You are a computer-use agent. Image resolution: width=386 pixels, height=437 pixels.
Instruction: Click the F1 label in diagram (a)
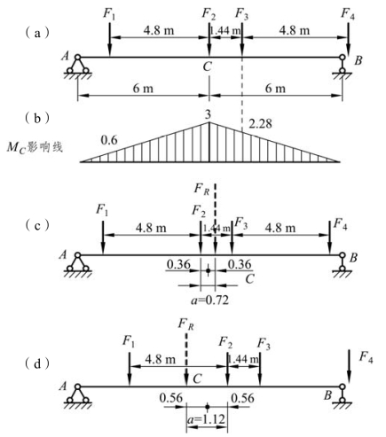click(109, 14)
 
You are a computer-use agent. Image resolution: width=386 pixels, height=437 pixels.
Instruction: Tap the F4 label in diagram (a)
click(348, 14)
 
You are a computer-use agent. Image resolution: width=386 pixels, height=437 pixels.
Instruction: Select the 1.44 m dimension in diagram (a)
click(225, 30)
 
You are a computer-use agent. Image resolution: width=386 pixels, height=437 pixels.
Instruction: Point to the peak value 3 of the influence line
click(209, 115)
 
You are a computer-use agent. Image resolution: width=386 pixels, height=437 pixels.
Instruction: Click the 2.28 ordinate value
click(260, 124)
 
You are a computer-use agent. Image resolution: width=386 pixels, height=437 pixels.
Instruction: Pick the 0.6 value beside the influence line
click(109, 140)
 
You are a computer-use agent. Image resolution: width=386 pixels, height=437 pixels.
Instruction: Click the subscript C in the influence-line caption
click(22, 149)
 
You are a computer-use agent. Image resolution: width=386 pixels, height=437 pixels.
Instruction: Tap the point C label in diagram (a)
click(207, 66)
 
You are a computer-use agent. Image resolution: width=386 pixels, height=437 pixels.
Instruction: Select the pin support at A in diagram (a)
click(77, 66)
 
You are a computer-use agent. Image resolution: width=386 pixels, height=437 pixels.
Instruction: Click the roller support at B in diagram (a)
click(343, 66)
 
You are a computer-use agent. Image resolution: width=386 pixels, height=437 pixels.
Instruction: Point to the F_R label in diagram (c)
click(201, 189)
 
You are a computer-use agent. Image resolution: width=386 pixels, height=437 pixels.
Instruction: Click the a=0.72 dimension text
click(209, 300)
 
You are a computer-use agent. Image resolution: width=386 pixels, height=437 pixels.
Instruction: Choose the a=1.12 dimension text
click(206, 419)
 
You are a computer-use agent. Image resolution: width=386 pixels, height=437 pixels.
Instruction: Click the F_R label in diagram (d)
click(186, 324)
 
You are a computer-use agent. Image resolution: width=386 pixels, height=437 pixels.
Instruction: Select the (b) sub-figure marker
click(37, 119)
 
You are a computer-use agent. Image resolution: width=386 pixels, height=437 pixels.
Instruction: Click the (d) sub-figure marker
click(37, 364)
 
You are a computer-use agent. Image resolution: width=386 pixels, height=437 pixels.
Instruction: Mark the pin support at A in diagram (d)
click(77, 395)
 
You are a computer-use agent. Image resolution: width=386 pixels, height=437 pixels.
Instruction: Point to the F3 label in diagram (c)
click(240, 222)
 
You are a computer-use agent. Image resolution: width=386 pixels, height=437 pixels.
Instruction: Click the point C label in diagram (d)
click(197, 378)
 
